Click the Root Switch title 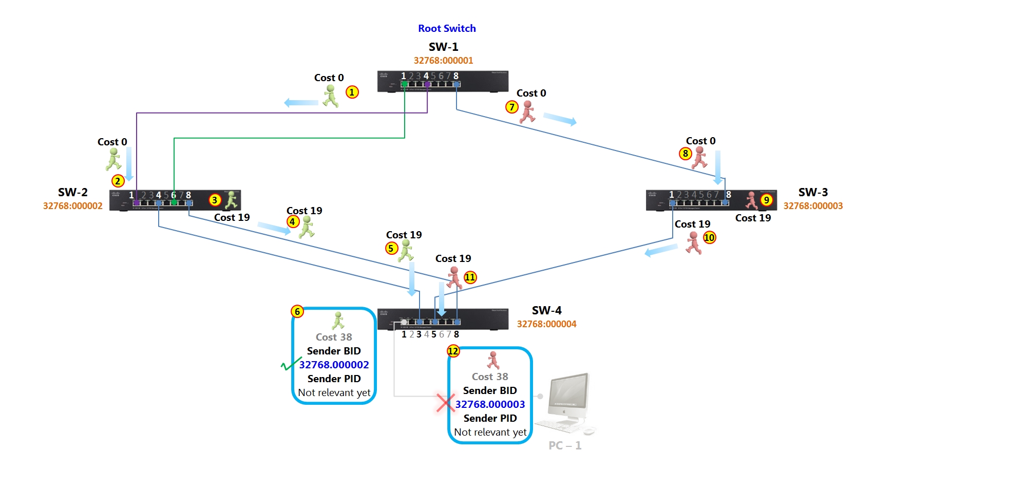coord(447,28)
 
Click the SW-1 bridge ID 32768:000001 coord(443,60)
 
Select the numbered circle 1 coord(352,92)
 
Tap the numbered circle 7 coord(511,107)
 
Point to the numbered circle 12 coord(453,351)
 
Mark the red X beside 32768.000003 coord(445,403)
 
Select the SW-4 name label coord(546,310)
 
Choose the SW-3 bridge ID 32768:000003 coord(813,206)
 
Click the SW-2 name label coord(73,192)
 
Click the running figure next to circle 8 coord(699,157)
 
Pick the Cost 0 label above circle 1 coord(329,78)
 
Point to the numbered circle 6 coord(297,311)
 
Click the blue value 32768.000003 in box coord(490,404)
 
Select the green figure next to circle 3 coord(232,200)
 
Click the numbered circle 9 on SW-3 coord(766,200)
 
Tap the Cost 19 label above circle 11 coord(453,258)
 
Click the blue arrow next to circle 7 coord(560,119)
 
